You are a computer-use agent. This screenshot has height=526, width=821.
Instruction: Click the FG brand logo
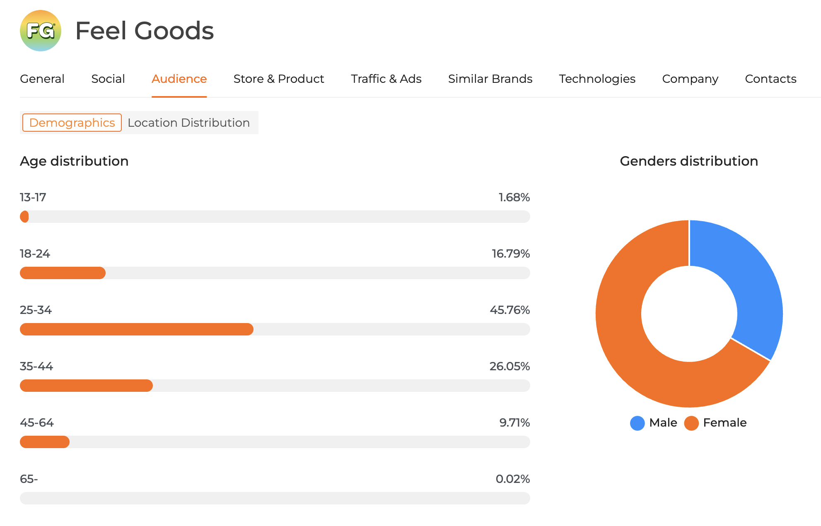coord(41,31)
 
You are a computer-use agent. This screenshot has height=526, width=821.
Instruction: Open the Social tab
coord(108,79)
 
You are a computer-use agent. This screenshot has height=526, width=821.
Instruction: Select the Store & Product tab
coord(278,79)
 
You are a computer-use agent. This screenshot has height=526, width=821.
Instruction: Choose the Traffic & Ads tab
coord(386,79)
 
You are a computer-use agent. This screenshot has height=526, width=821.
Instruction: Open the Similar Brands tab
coord(490,79)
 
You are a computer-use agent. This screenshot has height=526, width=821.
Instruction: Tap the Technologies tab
coord(597,79)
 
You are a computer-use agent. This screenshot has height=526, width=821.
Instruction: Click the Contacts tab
coord(770,79)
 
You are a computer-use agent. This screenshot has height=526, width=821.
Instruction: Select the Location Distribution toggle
coord(188,123)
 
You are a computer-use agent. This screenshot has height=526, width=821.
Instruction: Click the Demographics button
coord(72,123)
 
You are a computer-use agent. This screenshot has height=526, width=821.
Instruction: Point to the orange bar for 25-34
coord(137,329)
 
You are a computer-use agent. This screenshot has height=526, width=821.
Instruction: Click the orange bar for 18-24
coord(63,273)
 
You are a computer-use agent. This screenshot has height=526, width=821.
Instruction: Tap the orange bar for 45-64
coord(45,442)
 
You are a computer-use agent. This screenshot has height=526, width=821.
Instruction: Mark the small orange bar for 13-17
coord(24,217)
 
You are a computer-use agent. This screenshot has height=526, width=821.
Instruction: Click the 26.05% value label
coord(510,366)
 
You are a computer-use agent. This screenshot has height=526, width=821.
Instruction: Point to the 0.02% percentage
coord(512,479)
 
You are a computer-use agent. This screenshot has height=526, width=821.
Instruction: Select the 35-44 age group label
coord(36,366)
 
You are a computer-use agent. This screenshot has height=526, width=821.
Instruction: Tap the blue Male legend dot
coord(637,423)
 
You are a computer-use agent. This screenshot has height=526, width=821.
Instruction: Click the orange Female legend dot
coord(691,423)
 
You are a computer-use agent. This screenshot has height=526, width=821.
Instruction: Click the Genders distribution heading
coord(688,161)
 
